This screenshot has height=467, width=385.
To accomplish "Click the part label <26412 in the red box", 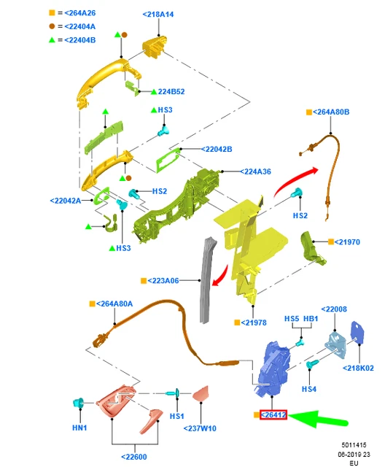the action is pyautogui.click(x=273, y=414).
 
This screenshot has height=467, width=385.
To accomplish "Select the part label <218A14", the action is pyautogui.click(x=158, y=15).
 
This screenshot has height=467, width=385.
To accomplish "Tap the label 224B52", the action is pyautogui.click(x=171, y=91).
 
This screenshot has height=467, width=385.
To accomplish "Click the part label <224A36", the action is pyautogui.click(x=256, y=171).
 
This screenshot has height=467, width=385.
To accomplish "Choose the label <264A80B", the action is pyautogui.click(x=331, y=112).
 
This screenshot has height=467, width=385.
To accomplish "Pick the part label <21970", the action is pyautogui.click(x=347, y=242).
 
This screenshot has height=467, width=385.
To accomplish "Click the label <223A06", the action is pyautogui.click(x=163, y=280).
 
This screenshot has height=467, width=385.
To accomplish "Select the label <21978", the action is pyautogui.click(x=254, y=323).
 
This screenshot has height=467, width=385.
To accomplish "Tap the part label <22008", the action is pyautogui.click(x=334, y=309).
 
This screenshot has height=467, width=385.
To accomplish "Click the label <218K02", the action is pyautogui.click(x=358, y=368).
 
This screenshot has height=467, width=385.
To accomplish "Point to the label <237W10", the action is pyautogui.click(x=200, y=428).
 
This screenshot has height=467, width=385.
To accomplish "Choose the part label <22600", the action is pyautogui.click(x=134, y=457).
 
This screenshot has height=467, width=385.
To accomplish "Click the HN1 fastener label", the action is pyautogui.click(x=79, y=428).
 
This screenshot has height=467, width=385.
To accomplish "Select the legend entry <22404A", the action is pyautogui.click(x=79, y=26).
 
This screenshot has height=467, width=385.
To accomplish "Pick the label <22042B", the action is pyautogui.click(x=217, y=149).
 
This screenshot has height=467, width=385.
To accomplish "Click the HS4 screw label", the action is pyautogui.click(x=309, y=389).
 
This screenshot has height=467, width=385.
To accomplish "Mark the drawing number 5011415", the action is pyautogui.click(x=354, y=445).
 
